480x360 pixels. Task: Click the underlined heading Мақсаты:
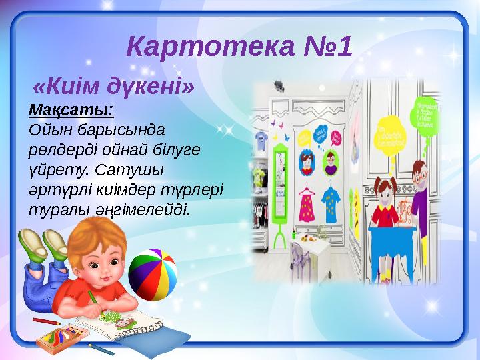[71, 107]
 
